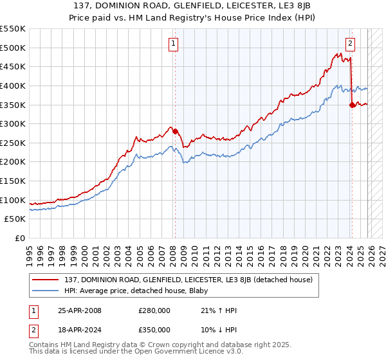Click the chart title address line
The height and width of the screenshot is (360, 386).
pyautogui.click(x=193, y=5)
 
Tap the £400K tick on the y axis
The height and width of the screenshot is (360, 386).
pyautogui.click(x=13, y=85)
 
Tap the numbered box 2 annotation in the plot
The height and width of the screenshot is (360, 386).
pyautogui.click(x=350, y=44)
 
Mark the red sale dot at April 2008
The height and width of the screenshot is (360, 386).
pyautogui.click(x=175, y=131)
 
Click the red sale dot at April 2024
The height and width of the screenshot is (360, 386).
pyautogui.click(x=352, y=105)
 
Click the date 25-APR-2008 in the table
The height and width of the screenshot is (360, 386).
pyautogui.click(x=79, y=310)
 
